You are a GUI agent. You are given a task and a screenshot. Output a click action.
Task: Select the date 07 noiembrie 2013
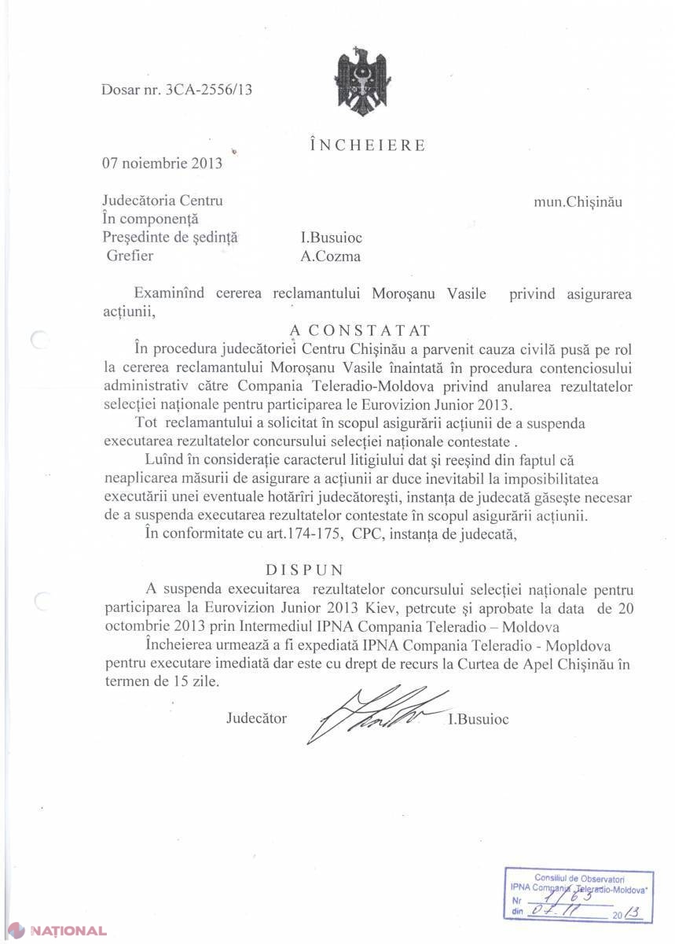tap(162, 164)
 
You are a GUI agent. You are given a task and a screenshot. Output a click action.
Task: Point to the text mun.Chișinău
tap(578, 201)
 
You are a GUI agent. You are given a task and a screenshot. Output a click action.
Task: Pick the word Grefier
tap(130, 256)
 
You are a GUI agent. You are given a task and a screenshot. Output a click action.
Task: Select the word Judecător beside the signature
tap(256, 718)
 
